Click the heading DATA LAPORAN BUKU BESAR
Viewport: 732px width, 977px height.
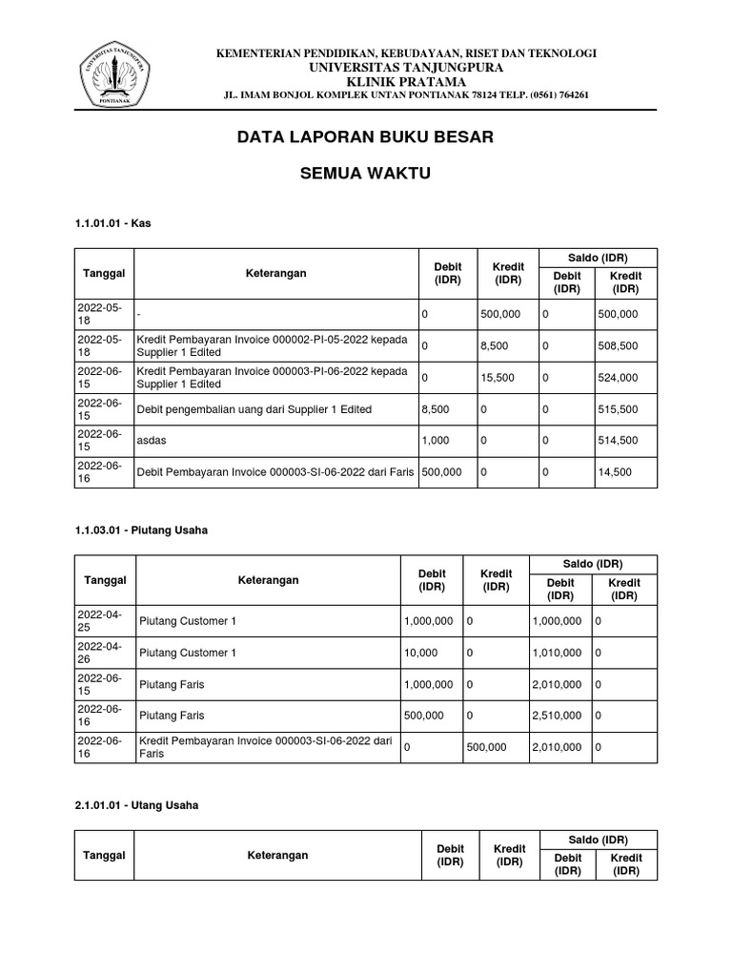click(365, 137)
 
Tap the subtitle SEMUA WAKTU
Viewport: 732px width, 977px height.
click(366, 174)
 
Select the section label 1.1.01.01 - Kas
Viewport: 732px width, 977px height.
click(112, 223)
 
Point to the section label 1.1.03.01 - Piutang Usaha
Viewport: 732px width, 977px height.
click(140, 530)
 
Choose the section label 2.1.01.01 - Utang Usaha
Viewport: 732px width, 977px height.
click(136, 805)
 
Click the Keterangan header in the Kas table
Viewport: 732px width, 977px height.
click(275, 274)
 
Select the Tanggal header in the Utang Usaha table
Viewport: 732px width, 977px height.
click(104, 855)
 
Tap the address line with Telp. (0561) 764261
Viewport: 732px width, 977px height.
click(405, 95)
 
